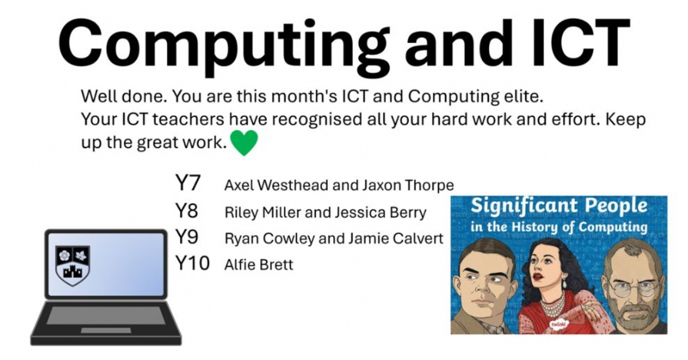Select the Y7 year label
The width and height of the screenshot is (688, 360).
(187, 184)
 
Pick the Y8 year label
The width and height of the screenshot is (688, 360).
(187, 211)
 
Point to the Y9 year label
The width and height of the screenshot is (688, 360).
(187, 237)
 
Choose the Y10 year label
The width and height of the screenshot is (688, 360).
(192, 264)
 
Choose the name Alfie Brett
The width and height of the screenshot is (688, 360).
(259, 265)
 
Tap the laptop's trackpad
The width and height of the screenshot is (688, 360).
(105, 330)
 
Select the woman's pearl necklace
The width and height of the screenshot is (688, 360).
(552, 310)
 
